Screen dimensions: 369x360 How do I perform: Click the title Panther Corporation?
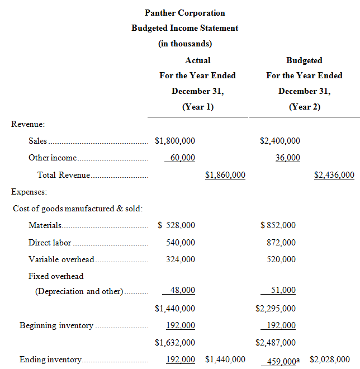click(x=184, y=12)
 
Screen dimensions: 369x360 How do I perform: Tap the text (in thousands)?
click(x=184, y=44)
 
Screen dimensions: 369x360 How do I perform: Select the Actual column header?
click(x=198, y=60)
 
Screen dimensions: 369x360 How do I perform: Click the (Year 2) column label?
click(x=304, y=107)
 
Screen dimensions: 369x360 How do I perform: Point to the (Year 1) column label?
click(x=198, y=107)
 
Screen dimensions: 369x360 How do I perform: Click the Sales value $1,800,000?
click(x=175, y=141)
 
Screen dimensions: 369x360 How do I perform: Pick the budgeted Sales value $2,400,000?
click(x=280, y=141)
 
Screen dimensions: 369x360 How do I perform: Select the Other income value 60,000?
click(x=182, y=158)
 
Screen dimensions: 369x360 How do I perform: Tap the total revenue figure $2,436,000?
click(x=334, y=175)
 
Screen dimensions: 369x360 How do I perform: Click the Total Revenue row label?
click(x=63, y=175)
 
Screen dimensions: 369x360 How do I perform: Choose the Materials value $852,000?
click(x=278, y=225)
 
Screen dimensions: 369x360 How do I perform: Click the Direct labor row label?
click(x=50, y=243)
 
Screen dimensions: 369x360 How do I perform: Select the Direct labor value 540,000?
click(x=181, y=243)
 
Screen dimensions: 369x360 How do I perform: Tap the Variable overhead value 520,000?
click(x=282, y=259)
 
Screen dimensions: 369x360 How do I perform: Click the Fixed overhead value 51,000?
click(x=284, y=290)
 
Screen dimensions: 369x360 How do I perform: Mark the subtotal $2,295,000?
click(x=276, y=308)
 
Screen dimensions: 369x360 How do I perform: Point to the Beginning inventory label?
click(x=56, y=325)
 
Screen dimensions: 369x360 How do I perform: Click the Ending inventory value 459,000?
click(x=280, y=361)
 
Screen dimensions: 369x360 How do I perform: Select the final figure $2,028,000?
click(x=330, y=359)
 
